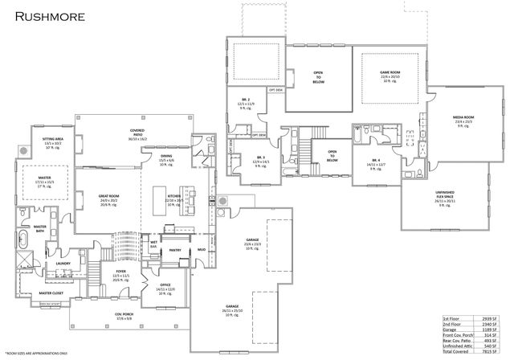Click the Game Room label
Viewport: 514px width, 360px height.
tap(390, 72)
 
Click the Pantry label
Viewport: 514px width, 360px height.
tap(176, 250)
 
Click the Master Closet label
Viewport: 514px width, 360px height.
tap(51, 294)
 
